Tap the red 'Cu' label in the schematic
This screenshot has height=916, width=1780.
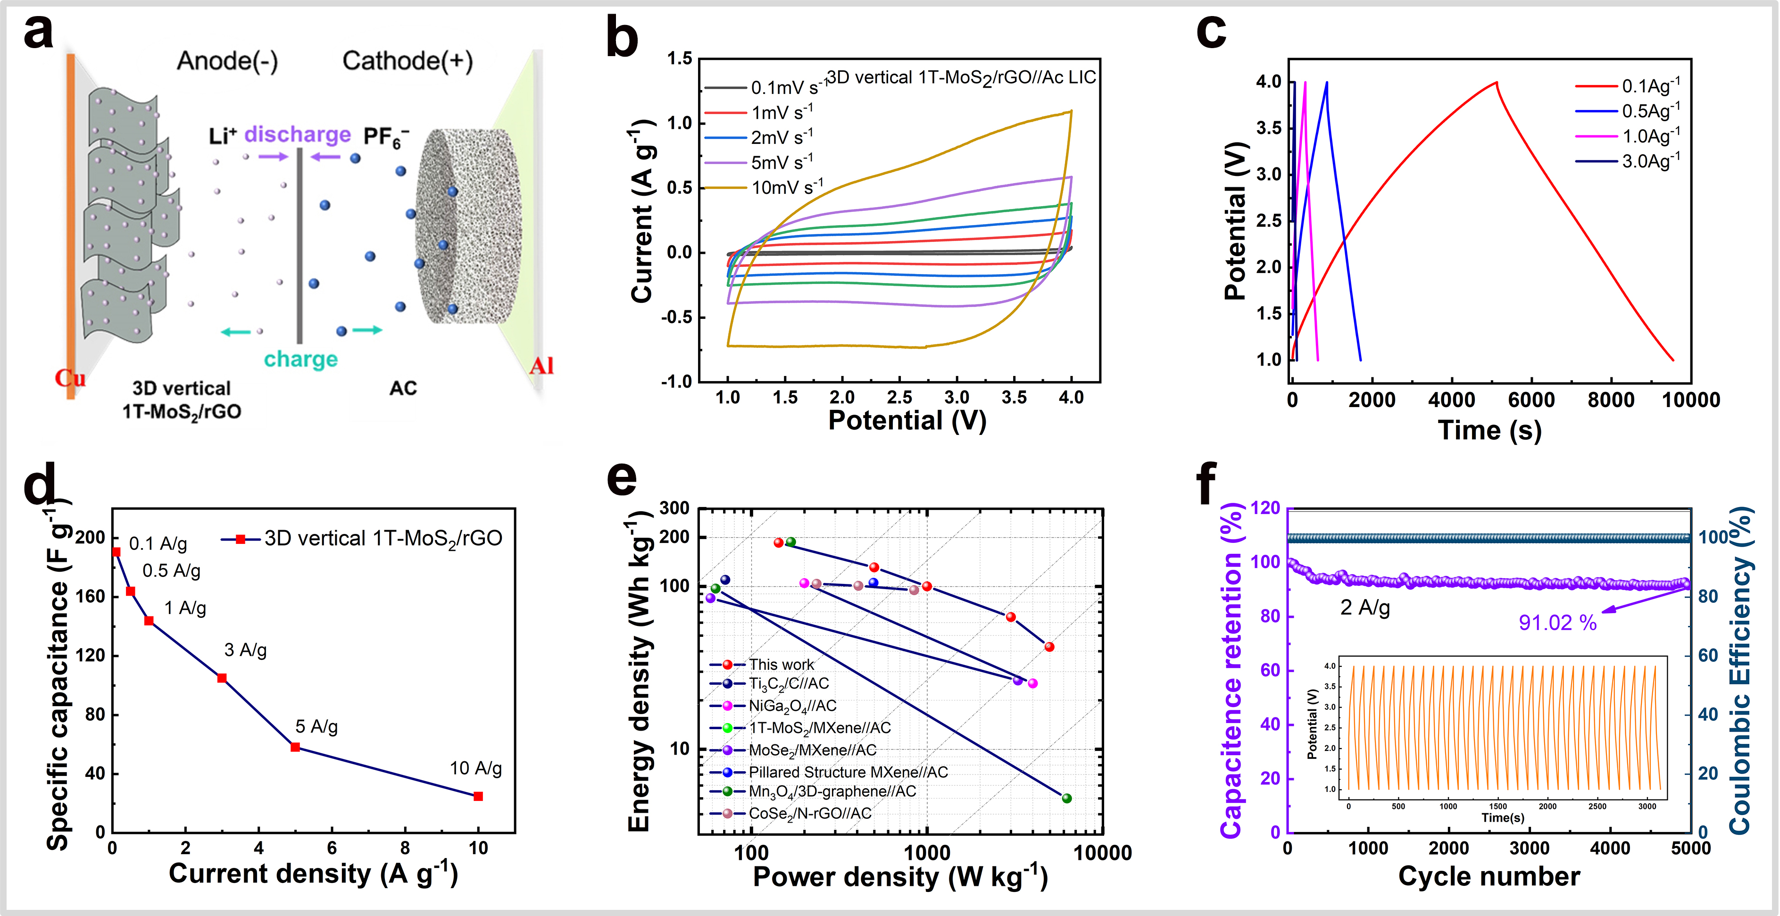pyautogui.click(x=70, y=378)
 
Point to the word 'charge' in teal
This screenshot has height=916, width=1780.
pyautogui.click(x=300, y=359)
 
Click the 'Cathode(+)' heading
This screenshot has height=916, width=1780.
pyautogui.click(x=408, y=61)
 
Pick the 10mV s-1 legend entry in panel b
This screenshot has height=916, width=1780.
pyautogui.click(x=786, y=187)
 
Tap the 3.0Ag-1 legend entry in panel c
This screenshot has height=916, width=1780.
pyautogui.click(x=1650, y=161)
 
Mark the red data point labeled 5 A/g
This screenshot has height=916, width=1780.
pyautogui.click(x=295, y=747)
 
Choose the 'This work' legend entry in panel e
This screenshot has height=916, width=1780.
pyautogui.click(x=781, y=665)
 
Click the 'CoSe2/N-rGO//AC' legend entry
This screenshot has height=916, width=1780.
pyautogui.click(x=809, y=813)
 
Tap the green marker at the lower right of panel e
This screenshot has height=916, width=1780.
pyautogui.click(x=1066, y=798)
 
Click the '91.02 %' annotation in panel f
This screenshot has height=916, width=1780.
pyautogui.click(x=1557, y=623)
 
